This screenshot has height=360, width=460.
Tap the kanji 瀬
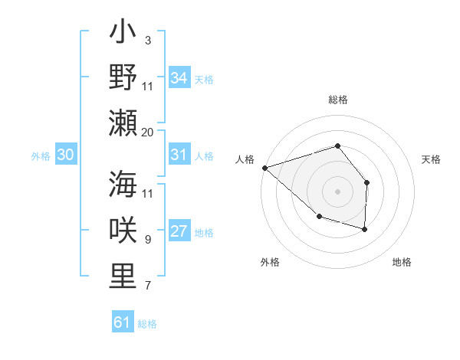coord(123,123)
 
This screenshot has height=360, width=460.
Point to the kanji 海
coord(123,186)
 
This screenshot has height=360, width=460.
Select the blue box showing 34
coord(179,78)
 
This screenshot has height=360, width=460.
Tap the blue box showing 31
coord(179,155)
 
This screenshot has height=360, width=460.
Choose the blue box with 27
coord(179,232)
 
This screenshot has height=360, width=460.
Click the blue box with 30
coord(65,155)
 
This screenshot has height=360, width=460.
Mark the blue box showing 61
coord(122,322)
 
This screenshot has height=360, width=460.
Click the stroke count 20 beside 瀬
coord(148,133)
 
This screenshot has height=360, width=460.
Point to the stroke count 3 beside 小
coord(147,41)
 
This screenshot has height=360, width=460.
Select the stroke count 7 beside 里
coord(147,286)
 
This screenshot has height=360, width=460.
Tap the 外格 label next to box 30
coord(41,156)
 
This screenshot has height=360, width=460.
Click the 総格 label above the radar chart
coord(337,100)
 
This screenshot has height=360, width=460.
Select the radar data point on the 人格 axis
coord(264,167)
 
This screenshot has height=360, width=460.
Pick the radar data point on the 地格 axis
coord(365,229)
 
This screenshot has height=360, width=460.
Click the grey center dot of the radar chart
coord(337,190)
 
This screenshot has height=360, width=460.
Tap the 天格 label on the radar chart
coord(432,159)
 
